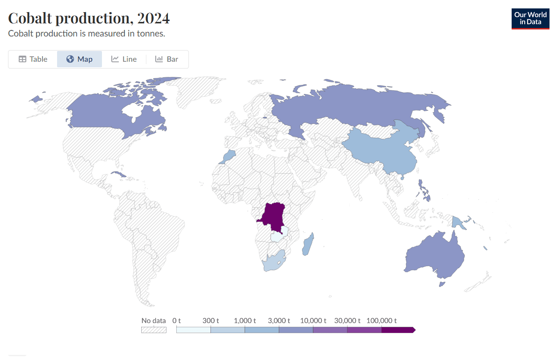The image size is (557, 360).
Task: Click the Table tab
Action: tap(33, 59)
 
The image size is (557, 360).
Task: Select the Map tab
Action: tap(80, 59)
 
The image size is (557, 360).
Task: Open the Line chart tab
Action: tap(124, 59)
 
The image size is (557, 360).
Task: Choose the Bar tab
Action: tap(167, 59)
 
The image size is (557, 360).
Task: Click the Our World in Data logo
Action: tap(530, 19)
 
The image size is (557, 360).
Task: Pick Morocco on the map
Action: tap(230, 156)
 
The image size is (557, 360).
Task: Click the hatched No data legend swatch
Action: tap(154, 330)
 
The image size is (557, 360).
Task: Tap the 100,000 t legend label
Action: tap(382, 321)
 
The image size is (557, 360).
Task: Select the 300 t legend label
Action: tap(210, 321)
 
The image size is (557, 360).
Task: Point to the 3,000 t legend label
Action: tap(279, 321)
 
